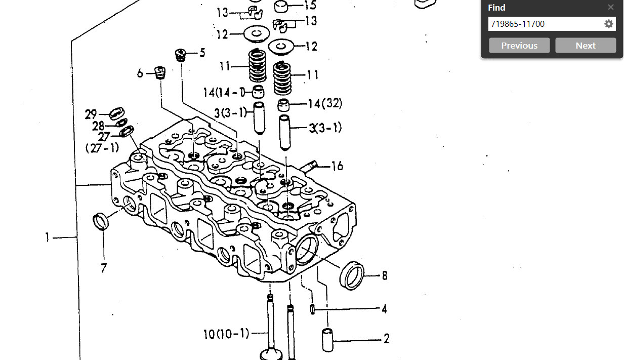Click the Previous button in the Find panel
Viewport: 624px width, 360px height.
coord(519,46)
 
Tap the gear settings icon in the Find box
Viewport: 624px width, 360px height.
coord(609,24)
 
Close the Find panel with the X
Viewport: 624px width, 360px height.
coord(611,7)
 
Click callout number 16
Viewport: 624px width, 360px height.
coord(337,166)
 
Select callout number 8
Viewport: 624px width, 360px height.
coord(385,275)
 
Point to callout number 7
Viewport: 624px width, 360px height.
coord(104,268)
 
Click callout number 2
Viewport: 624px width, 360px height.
coord(386,339)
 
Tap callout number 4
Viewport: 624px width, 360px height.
coord(385,308)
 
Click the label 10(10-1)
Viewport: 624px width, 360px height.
coord(226,334)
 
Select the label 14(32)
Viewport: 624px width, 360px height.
coord(325,104)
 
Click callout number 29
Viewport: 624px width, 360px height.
coord(91,114)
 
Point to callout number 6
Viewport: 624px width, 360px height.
coord(140,73)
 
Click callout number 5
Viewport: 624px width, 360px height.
coord(202,53)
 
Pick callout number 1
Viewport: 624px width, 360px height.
coord(47,237)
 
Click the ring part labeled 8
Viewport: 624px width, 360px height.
coord(351,275)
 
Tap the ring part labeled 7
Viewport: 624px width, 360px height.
coord(101,221)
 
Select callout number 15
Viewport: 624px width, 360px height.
coord(310,6)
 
